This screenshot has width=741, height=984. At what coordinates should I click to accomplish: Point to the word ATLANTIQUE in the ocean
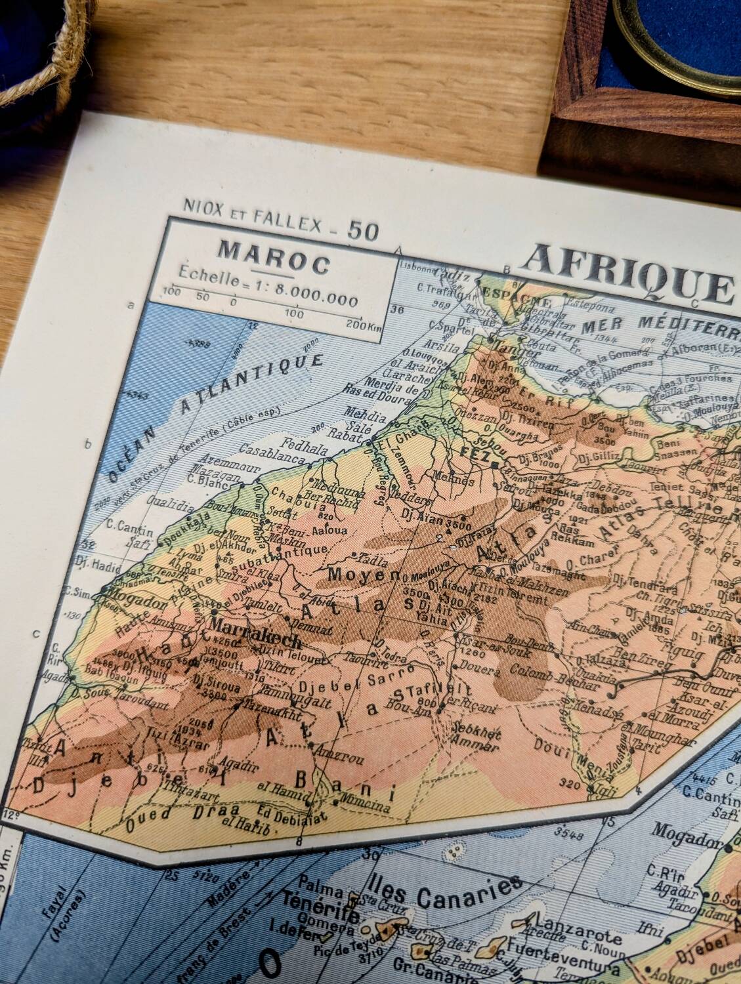coord(253,387)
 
